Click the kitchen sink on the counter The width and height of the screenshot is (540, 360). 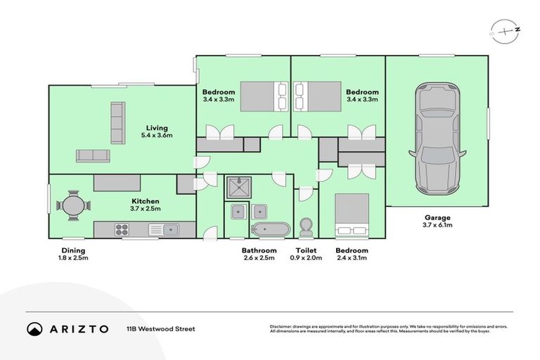click(169, 229)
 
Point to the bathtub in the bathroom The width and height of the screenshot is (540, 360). click(270, 229)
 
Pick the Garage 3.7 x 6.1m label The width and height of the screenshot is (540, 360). click(437, 221)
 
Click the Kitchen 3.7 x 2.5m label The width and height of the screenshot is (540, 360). click(144, 205)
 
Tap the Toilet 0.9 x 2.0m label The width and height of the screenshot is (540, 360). click(306, 254)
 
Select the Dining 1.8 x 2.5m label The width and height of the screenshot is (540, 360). click(72, 254)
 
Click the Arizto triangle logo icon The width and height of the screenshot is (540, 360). click(34, 329)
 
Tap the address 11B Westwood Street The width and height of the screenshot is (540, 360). click(160, 328)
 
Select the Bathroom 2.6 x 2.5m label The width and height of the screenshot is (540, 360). click(259, 254)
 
